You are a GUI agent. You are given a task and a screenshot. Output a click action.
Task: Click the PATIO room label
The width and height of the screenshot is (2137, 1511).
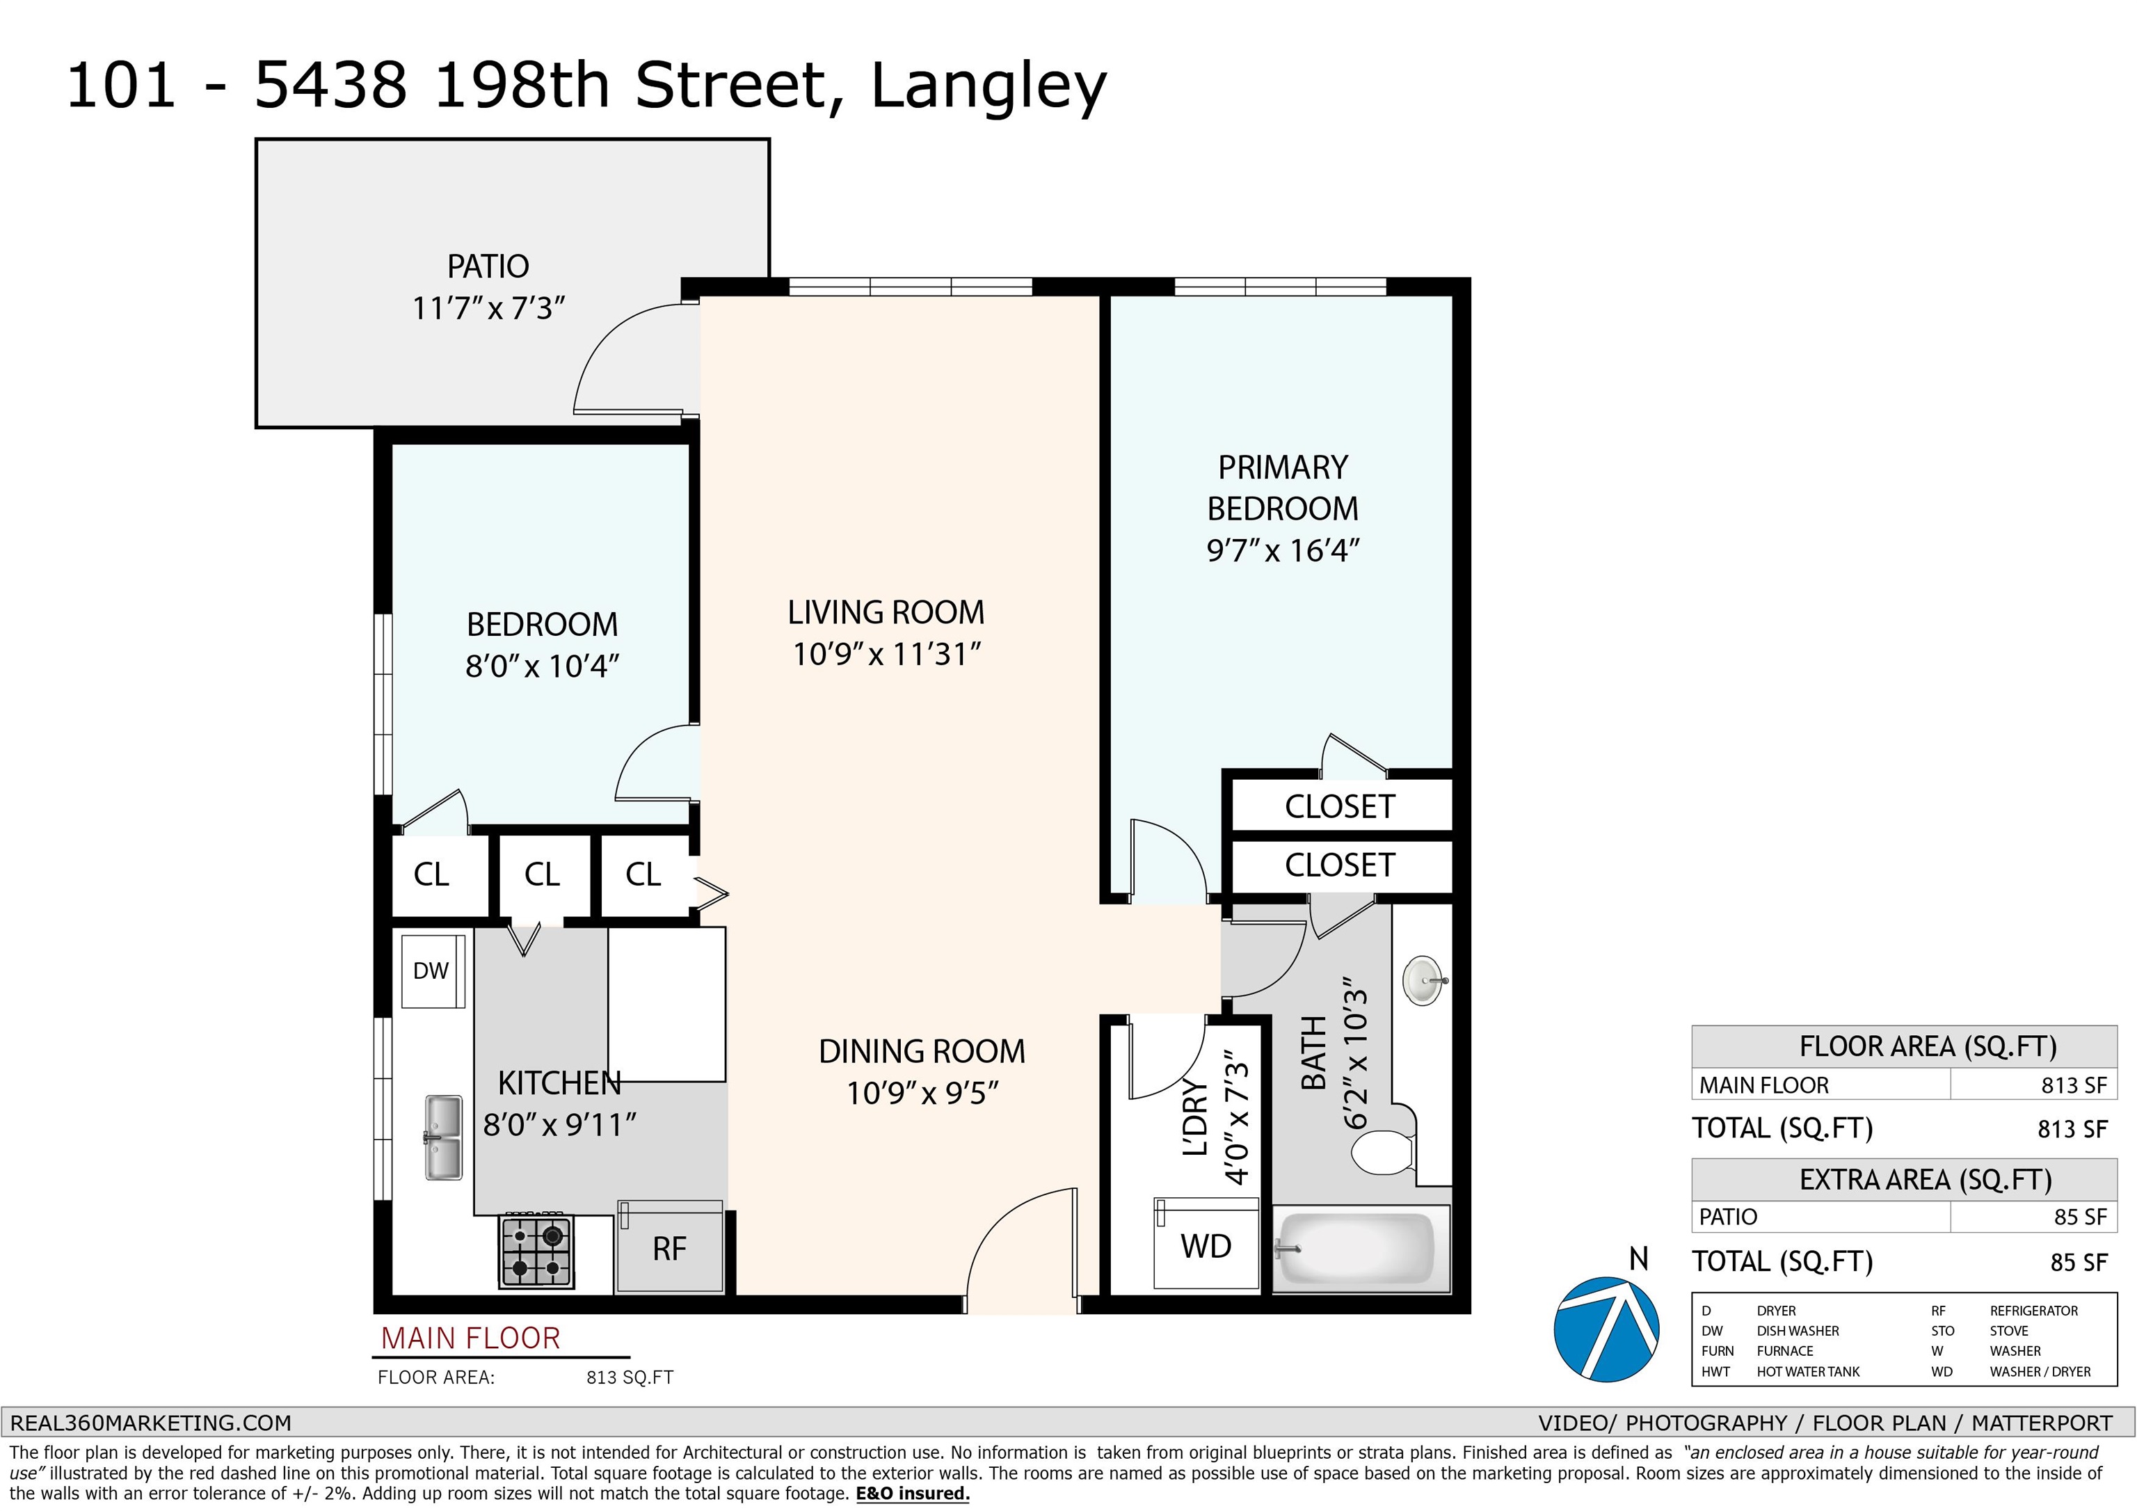[488, 267]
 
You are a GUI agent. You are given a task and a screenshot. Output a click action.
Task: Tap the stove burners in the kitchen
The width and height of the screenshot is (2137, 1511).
[536, 1252]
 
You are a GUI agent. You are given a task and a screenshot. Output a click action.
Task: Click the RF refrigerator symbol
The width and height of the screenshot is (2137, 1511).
[670, 1247]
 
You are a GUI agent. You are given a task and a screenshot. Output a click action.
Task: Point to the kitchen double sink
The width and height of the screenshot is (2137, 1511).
[443, 1137]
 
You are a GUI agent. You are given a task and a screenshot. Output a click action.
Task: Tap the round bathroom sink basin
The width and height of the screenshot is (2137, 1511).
[1423, 980]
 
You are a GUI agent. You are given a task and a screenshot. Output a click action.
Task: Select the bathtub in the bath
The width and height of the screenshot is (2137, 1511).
[1361, 1249]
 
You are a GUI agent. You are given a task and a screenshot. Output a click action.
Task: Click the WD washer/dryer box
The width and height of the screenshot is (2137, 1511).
[1206, 1244]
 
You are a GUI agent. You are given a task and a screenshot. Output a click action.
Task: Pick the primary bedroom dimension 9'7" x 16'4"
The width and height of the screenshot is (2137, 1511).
[1283, 551]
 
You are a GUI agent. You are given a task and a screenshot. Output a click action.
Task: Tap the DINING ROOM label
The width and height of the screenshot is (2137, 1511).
[922, 1051]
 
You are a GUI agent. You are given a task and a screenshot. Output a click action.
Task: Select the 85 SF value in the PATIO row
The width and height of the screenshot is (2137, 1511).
[2080, 1217]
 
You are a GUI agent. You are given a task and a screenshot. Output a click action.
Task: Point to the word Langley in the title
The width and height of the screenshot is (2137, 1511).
[989, 86]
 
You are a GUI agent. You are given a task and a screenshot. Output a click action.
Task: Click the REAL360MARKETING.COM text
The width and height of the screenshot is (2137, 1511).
[151, 1423]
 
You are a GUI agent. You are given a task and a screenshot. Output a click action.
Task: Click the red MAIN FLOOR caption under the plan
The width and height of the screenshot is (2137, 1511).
[471, 1338]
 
